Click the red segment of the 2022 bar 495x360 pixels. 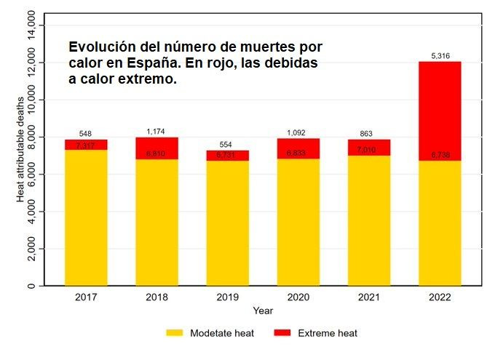point(440,109)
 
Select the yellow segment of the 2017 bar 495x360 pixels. point(86,218)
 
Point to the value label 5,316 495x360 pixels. point(440,55)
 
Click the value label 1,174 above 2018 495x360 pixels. point(157,132)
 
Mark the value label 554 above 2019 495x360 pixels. point(227,145)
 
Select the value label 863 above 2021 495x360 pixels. point(369,134)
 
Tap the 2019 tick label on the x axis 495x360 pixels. point(227,297)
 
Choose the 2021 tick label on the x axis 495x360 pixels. point(369,297)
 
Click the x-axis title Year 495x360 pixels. point(263,311)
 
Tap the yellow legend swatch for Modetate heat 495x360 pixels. point(174,333)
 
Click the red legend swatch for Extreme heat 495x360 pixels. point(282,333)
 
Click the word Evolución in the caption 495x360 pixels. point(102,47)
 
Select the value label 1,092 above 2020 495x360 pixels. point(298,133)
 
